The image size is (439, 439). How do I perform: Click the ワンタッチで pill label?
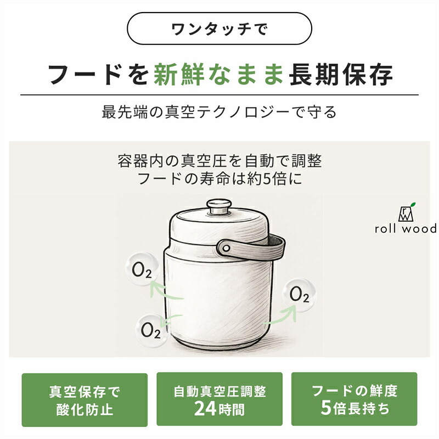(219, 29)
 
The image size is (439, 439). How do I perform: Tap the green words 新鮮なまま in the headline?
(218, 75)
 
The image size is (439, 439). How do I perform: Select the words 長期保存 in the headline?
(341, 75)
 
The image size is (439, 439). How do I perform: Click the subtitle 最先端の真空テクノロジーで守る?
(219, 112)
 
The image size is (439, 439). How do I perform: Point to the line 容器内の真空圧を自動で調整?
(220, 161)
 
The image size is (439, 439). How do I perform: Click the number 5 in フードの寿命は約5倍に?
(267, 179)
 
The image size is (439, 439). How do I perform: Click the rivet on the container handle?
(226, 248)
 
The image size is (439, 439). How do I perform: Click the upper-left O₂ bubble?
(142, 269)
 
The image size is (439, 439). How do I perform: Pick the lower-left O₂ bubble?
(151, 330)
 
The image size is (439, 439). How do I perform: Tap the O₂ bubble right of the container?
(299, 295)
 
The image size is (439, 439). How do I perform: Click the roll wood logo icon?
(407, 212)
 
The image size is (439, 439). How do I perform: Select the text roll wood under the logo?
(406, 229)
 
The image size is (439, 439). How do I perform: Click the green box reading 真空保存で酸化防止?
(85, 400)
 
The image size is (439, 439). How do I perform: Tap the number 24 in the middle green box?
(205, 409)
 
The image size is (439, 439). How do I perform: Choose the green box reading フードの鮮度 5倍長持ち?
(354, 399)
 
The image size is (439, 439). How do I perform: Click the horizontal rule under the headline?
(219, 95)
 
